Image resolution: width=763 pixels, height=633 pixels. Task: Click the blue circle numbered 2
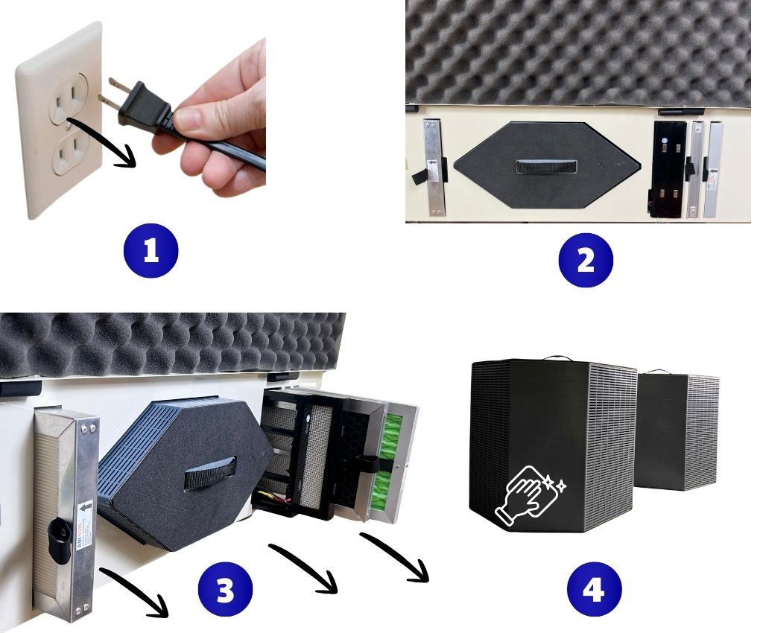pos(585,261)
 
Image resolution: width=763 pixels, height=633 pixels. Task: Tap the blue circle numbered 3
pos(224,591)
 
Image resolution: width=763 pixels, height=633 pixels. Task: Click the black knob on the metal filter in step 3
pos(55,532)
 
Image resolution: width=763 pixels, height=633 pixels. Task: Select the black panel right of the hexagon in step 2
pos(668,168)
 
